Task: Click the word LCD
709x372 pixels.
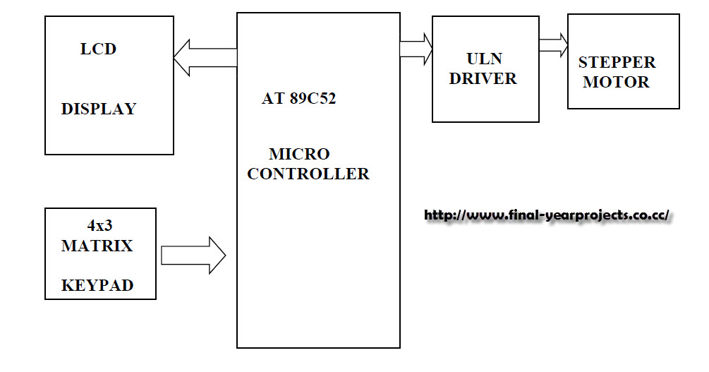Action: (x=98, y=49)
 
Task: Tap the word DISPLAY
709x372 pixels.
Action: (x=99, y=109)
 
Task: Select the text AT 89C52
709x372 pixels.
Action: (x=298, y=99)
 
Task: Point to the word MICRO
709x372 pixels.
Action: (x=299, y=154)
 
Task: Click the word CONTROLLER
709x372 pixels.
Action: (x=308, y=174)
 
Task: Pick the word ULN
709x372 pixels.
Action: (x=484, y=59)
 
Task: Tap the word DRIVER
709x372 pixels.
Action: (x=483, y=78)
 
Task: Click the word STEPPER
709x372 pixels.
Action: (x=617, y=62)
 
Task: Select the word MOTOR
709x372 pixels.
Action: (x=616, y=82)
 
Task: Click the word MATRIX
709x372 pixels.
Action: (x=97, y=246)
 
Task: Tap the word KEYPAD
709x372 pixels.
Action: (x=97, y=286)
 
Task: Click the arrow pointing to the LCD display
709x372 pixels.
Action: (x=204, y=58)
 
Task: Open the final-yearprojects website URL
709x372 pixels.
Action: (x=547, y=215)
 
